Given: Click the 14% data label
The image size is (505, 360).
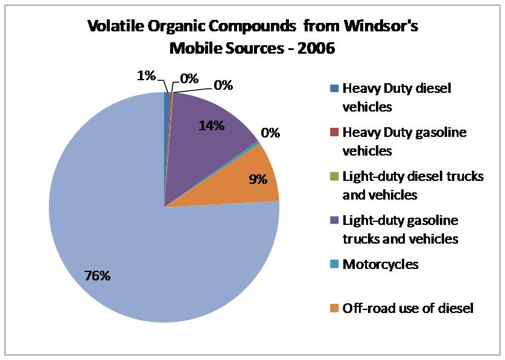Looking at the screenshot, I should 212,126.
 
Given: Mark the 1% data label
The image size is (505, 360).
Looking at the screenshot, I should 145,76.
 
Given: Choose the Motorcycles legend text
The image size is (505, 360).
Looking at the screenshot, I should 380,264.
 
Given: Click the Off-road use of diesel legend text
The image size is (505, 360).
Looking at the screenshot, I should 408,308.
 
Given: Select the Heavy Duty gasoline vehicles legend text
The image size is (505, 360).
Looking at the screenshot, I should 404,141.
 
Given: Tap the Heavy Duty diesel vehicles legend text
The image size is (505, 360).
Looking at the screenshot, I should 396,97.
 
